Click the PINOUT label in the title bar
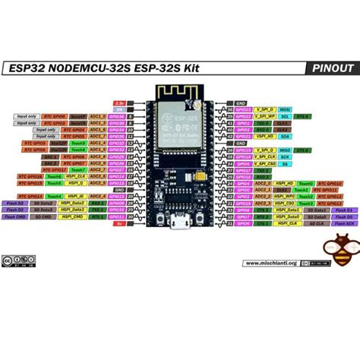tap(332, 68)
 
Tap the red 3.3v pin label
tap(118, 102)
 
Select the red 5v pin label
tap(119, 223)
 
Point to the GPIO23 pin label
tap(244, 109)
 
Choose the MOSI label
tap(284, 109)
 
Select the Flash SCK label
tap(345, 223)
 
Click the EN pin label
tap(118, 109)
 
